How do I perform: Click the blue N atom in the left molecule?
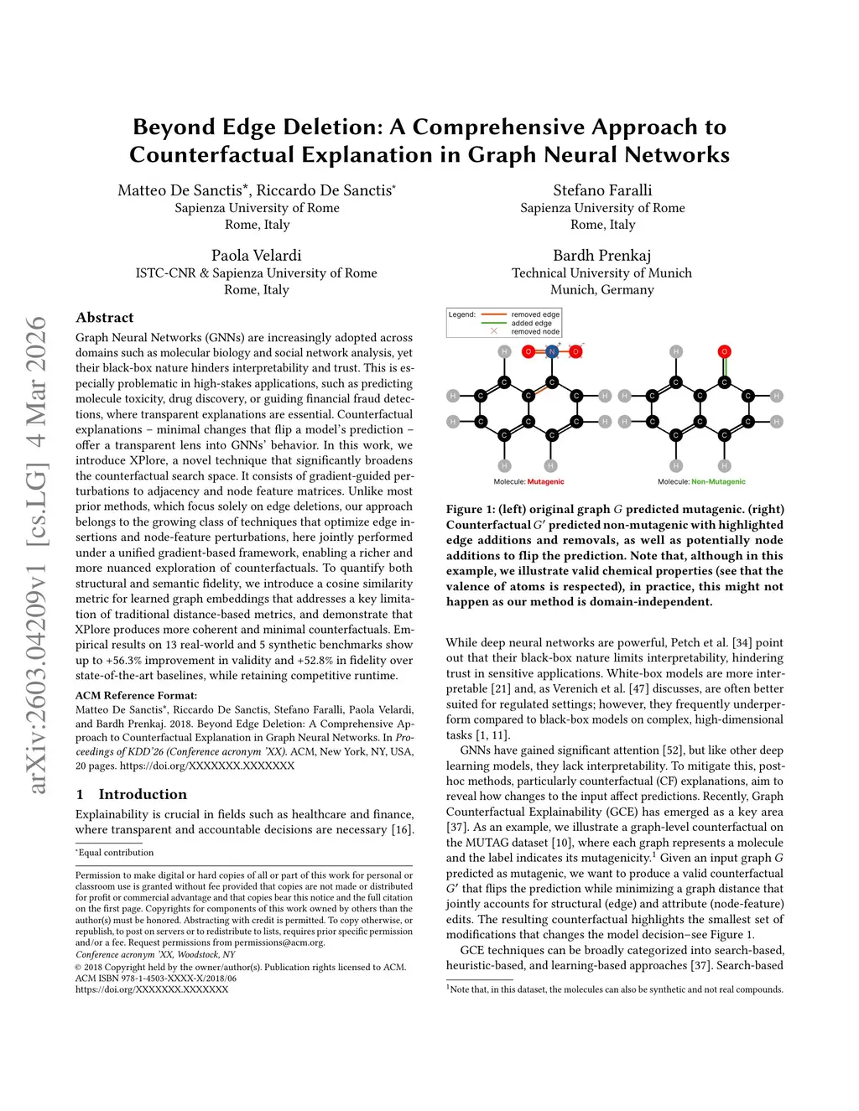coord(552,351)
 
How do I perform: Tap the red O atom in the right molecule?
coord(725,351)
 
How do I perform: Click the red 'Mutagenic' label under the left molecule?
coord(545,482)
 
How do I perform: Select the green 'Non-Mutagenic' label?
coord(718,482)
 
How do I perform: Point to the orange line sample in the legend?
coord(494,315)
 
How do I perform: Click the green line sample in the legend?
coord(494,323)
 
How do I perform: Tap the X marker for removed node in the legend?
coord(494,331)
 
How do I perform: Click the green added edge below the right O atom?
coord(725,367)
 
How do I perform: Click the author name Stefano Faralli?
coord(602,190)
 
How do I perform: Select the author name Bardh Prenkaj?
coord(601,255)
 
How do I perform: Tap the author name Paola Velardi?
coord(256,255)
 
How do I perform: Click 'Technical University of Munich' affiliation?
coord(601,273)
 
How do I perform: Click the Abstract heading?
coord(105,318)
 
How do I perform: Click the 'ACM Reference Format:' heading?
coord(137,695)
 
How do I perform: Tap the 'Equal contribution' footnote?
coord(117,853)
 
